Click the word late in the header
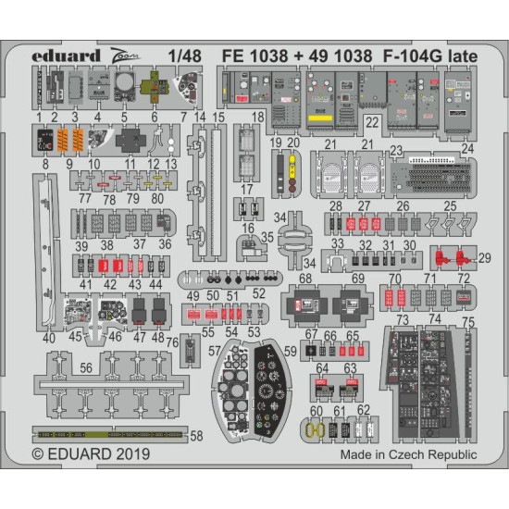pos(459,56)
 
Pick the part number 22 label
pos(370,120)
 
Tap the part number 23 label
pos(396,148)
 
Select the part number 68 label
pos(305,279)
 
